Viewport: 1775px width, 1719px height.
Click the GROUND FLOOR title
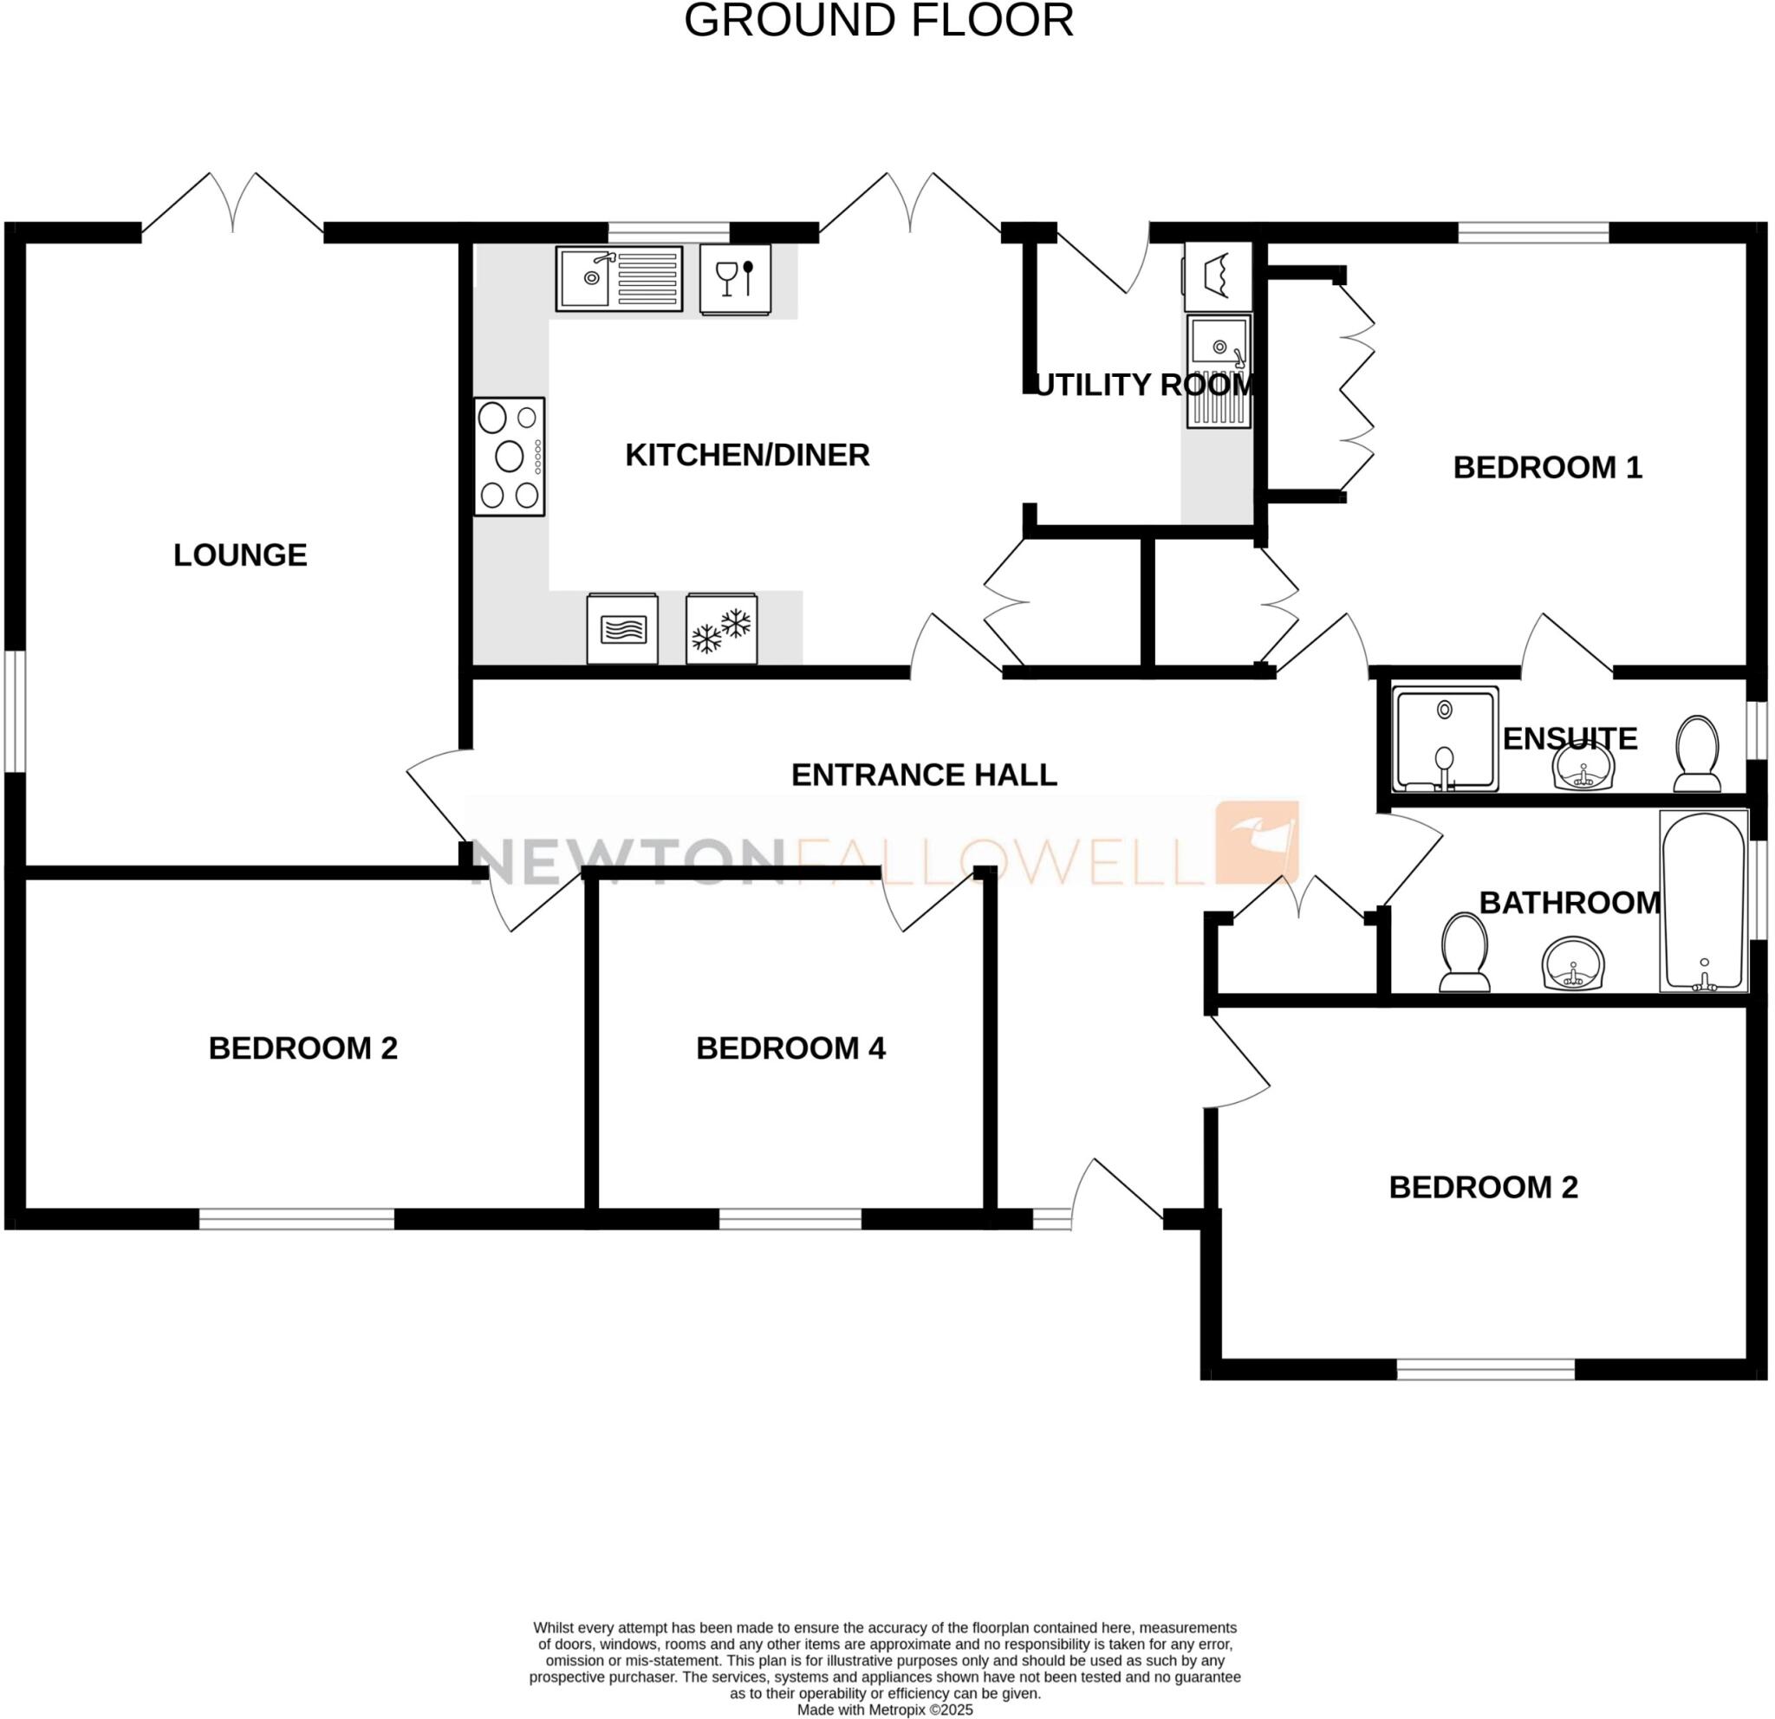point(878,20)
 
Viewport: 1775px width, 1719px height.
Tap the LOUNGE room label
point(240,555)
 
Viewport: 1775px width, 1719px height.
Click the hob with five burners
point(509,457)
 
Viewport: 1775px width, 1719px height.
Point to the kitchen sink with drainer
point(619,278)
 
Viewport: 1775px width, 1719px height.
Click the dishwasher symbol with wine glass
point(734,279)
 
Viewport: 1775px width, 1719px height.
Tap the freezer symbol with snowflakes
point(721,629)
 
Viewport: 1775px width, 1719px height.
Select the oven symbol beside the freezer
point(622,629)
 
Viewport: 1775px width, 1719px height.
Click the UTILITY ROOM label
point(1144,385)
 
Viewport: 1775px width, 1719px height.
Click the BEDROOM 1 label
point(1547,468)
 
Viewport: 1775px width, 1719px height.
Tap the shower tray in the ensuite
point(1445,737)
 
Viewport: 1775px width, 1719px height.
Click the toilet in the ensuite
point(1696,753)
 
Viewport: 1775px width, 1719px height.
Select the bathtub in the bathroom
point(1702,901)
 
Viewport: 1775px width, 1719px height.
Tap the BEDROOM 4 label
point(790,1048)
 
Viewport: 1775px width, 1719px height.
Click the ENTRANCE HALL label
point(924,775)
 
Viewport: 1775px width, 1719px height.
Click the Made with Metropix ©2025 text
point(885,1710)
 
